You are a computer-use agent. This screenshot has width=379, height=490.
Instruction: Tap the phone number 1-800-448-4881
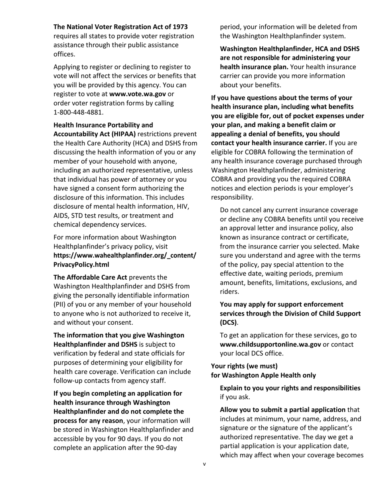coord(76,112)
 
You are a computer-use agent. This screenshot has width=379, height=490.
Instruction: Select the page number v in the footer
coord(204,464)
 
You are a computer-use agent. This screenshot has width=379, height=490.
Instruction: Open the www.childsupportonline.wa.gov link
coord(270,344)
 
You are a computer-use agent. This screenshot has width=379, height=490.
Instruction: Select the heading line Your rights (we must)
coord(244,366)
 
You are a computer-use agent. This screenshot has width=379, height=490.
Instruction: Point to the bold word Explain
coord(232,388)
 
